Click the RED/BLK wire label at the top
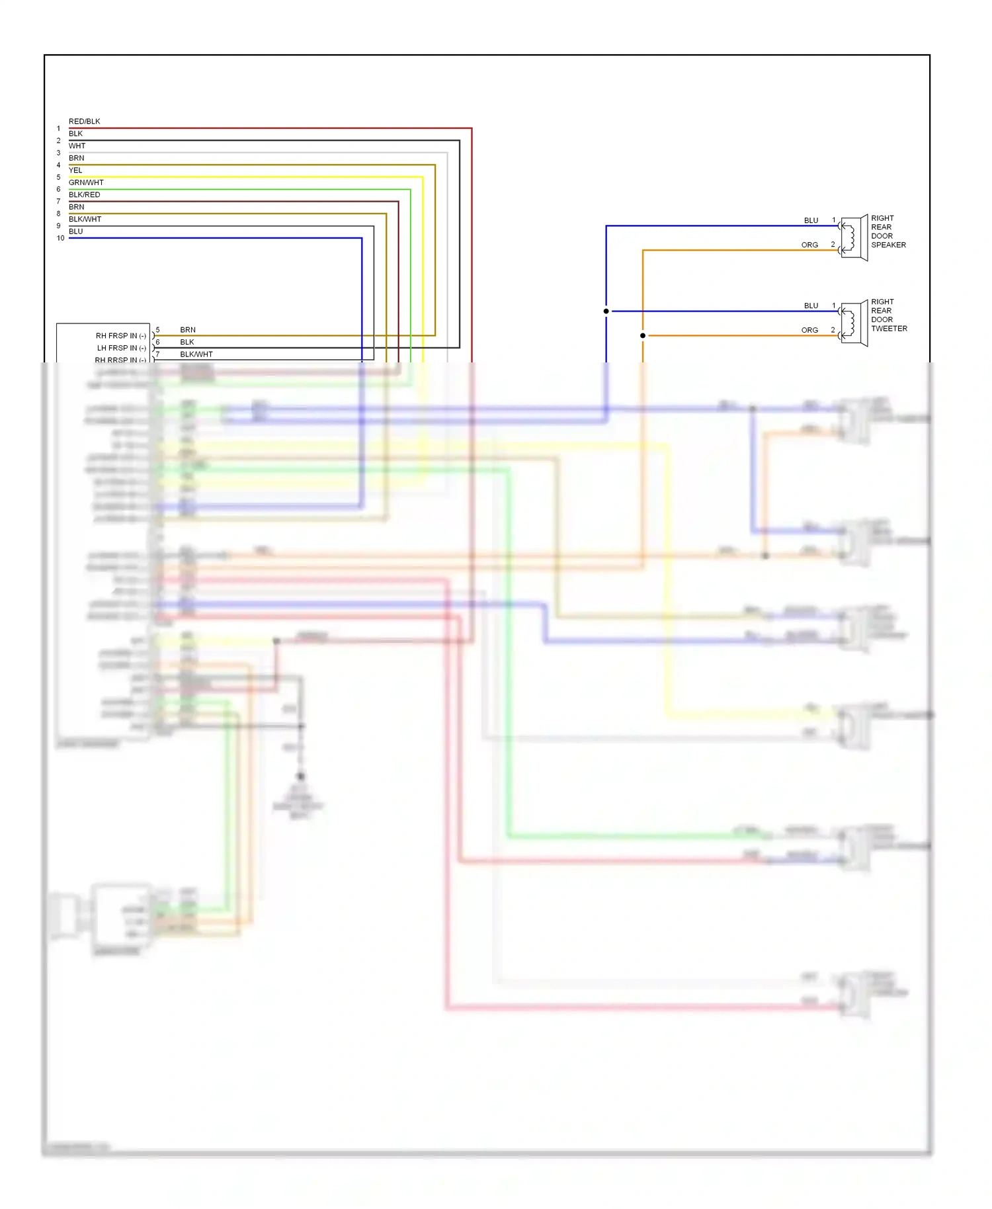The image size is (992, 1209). pyautogui.click(x=84, y=122)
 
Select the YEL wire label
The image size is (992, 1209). pyautogui.click(x=75, y=171)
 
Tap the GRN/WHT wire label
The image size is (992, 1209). pyautogui.click(x=86, y=183)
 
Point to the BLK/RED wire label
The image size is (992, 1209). pyautogui.click(x=84, y=195)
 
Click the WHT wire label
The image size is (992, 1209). pyautogui.click(x=77, y=146)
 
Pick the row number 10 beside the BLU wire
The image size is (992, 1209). pyautogui.click(x=60, y=238)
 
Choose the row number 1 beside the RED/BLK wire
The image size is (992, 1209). pyautogui.click(x=58, y=129)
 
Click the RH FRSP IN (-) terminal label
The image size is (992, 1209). pyautogui.click(x=120, y=336)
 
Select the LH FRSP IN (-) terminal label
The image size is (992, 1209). pyautogui.click(x=121, y=348)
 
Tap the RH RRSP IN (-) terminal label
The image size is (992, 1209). pyautogui.click(x=120, y=360)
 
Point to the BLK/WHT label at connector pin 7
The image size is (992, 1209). pyautogui.click(x=196, y=354)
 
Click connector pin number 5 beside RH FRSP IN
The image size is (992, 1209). pyautogui.click(x=157, y=330)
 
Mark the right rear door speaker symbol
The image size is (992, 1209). pyautogui.click(x=853, y=238)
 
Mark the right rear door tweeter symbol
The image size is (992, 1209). pyautogui.click(x=853, y=323)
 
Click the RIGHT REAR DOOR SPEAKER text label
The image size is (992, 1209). pyautogui.click(x=888, y=231)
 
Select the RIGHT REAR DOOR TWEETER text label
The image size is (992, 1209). pyautogui.click(x=889, y=315)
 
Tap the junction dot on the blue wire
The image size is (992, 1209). pyautogui.click(x=606, y=311)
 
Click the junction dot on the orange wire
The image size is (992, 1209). pyautogui.click(x=643, y=335)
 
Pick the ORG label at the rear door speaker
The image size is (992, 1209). pyautogui.click(x=809, y=245)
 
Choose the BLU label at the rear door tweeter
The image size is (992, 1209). pyautogui.click(x=811, y=306)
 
